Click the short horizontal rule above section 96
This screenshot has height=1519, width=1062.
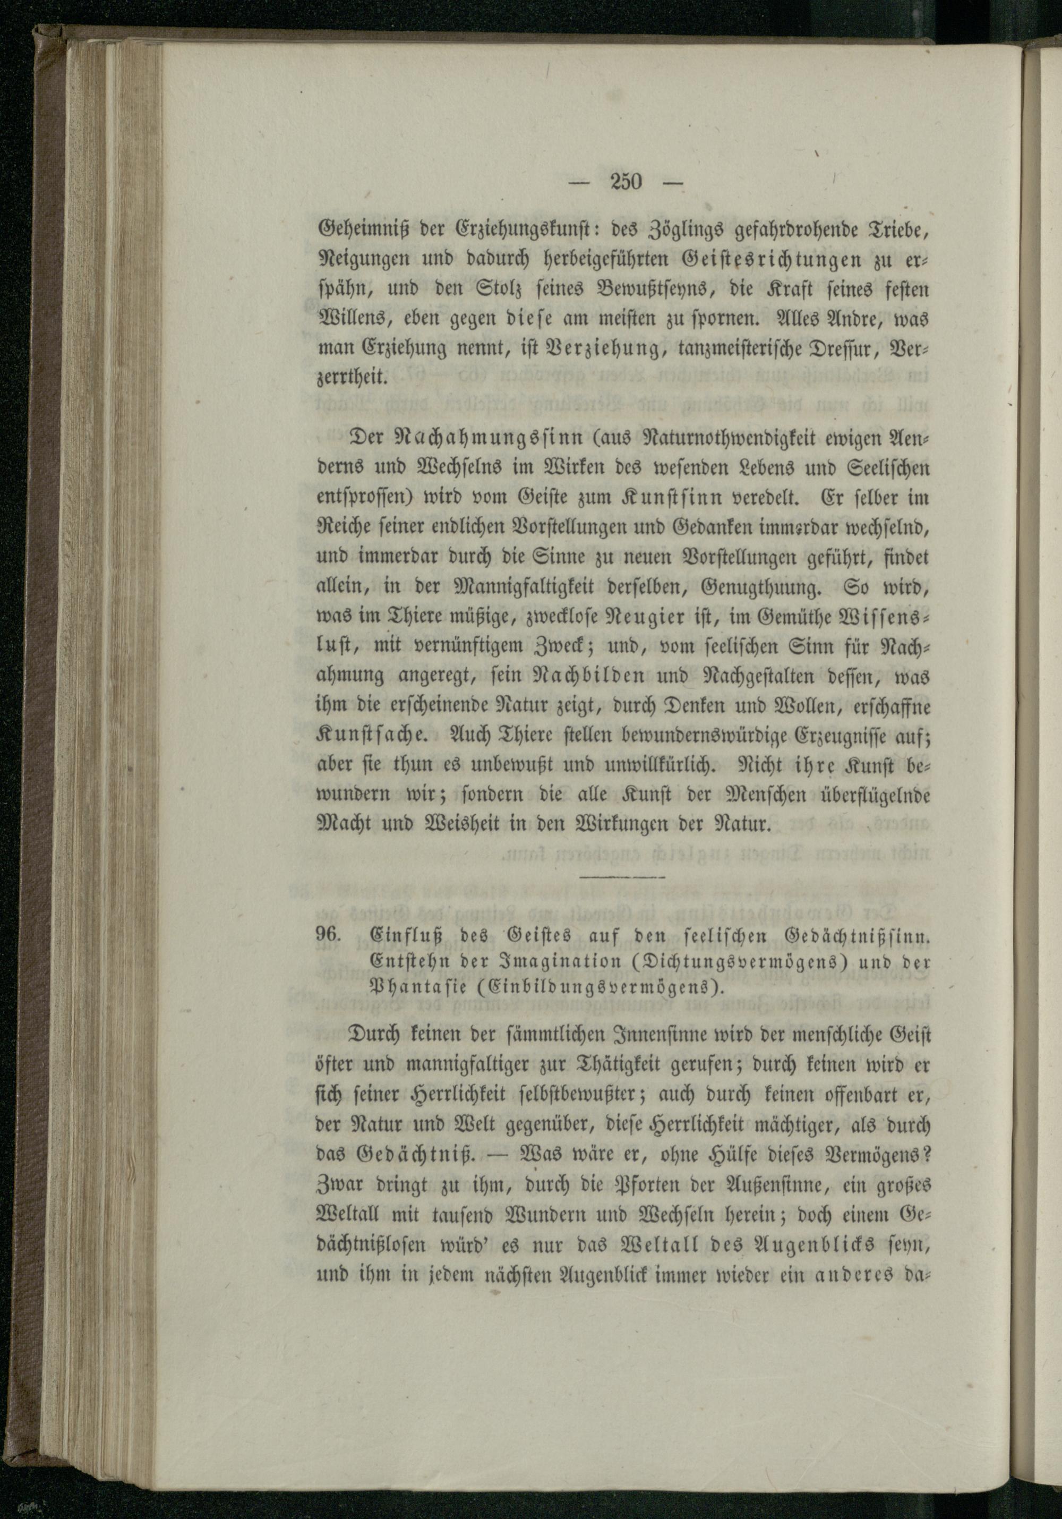point(622,876)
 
